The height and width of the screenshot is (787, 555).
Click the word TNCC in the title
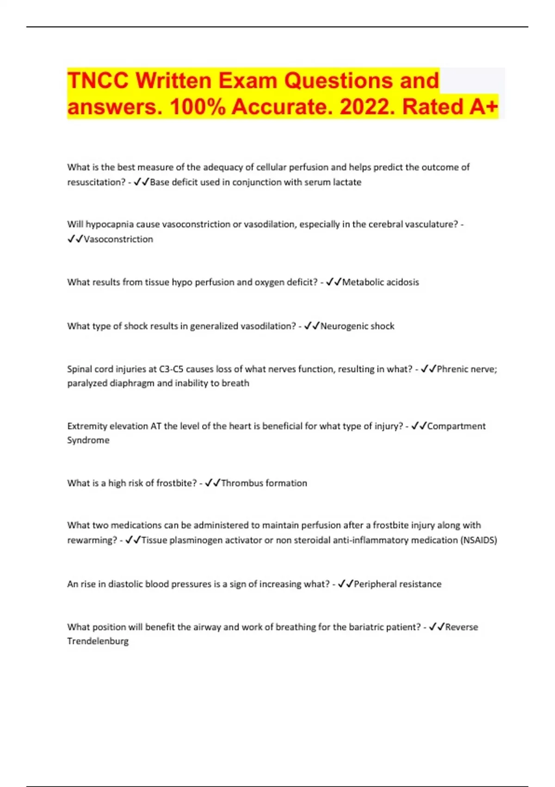point(98,81)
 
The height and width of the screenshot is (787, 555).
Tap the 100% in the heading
point(198,107)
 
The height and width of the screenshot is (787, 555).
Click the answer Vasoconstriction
point(118,239)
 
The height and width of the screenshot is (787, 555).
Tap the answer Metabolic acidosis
point(381,282)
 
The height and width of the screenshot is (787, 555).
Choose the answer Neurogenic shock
point(358,326)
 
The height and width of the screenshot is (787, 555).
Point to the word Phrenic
point(453,369)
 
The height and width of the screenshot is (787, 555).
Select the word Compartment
point(456,426)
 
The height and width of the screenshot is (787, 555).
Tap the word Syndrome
point(88,440)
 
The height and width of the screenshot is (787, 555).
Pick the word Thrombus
point(241,483)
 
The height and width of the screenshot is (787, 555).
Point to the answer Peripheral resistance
point(398,584)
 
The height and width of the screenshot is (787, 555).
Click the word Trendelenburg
point(98,641)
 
